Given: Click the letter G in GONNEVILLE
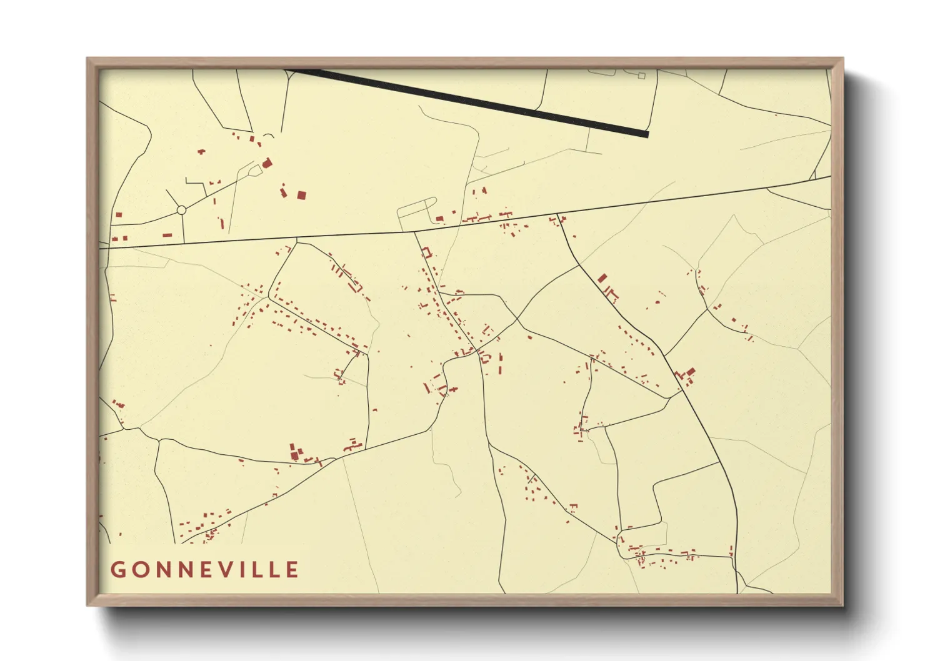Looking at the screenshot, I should [x=117, y=570].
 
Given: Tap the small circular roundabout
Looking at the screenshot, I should [x=181, y=210].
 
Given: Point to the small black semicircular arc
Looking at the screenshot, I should [x=268, y=136].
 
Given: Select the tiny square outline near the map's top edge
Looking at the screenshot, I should [x=641, y=76].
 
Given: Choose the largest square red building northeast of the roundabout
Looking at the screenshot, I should [x=301, y=195].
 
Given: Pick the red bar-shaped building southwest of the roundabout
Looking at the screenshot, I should [x=167, y=235].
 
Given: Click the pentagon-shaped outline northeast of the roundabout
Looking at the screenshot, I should [x=254, y=169].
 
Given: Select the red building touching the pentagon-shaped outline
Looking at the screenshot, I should [x=267, y=163].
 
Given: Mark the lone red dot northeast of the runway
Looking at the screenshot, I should [x=776, y=114].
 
